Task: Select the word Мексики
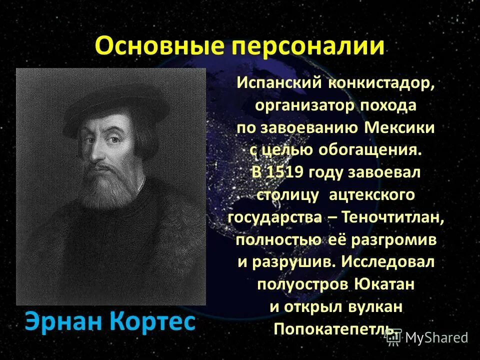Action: [399, 127]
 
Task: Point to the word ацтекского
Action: [372, 195]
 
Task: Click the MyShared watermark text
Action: [436, 337]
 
